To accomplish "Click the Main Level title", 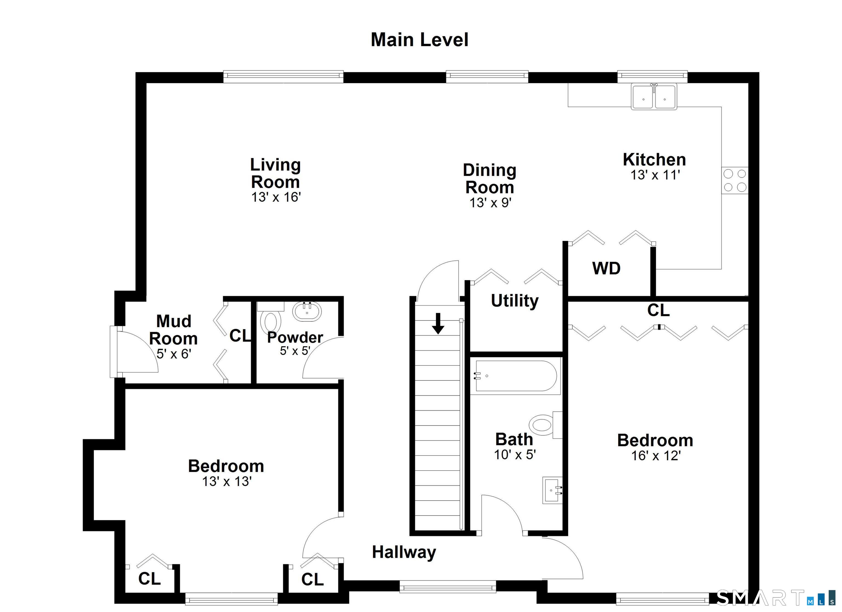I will point(420,40).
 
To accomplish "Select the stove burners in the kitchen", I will point(735,180).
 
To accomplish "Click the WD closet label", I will point(606,268).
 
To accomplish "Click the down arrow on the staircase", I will point(438,323).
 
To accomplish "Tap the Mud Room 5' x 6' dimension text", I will point(174,354).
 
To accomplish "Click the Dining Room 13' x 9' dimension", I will point(490,203).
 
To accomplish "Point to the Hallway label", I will point(404,552).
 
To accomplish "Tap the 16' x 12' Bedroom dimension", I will point(656,456).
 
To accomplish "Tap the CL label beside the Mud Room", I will point(240,336).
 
